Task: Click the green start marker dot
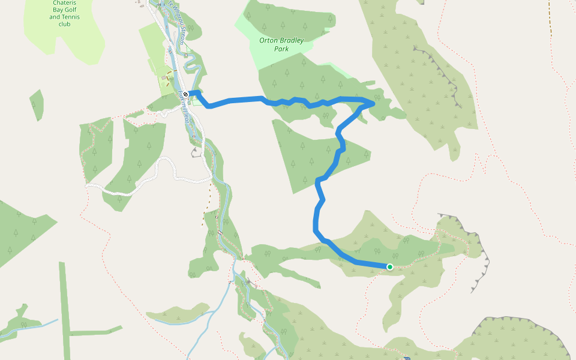tap(390, 266)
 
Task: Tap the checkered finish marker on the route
tap(187, 94)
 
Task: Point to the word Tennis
tap(70, 17)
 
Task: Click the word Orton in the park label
tap(269, 41)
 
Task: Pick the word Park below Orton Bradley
tap(281, 49)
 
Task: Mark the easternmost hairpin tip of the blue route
tap(374, 104)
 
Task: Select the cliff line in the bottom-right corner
tap(528, 327)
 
